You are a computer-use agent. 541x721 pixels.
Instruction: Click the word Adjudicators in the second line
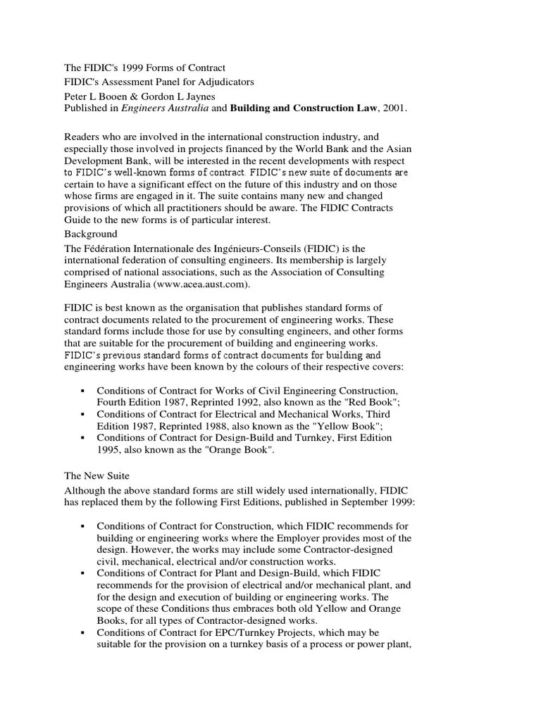click(222, 82)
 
